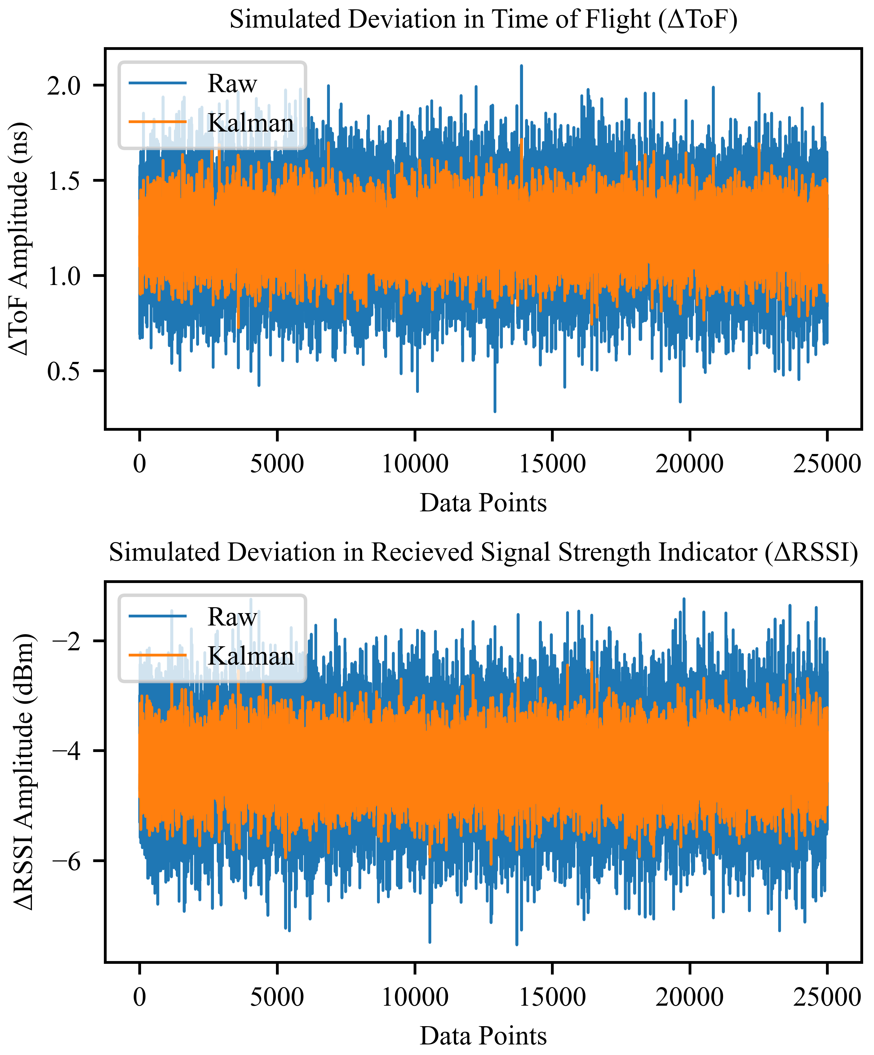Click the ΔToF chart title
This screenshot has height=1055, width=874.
click(x=483, y=20)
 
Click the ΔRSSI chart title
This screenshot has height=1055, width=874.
click(x=483, y=553)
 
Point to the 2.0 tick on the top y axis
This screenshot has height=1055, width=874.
click(x=64, y=85)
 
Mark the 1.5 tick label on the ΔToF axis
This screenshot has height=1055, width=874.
click(x=64, y=181)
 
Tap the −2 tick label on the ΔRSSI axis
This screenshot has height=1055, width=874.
click(x=67, y=641)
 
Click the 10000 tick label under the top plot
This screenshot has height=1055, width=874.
click(x=415, y=463)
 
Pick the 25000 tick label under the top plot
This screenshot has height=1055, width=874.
click(x=827, y=463)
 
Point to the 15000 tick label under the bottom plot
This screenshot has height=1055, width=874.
click(x=552, y=997)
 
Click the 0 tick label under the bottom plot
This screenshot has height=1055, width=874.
click(x=140, y=997)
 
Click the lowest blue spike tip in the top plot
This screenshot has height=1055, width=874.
click(x=495, y=411)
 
